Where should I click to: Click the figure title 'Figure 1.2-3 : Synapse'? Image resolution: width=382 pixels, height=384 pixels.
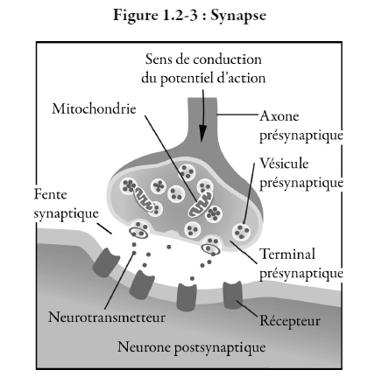190,16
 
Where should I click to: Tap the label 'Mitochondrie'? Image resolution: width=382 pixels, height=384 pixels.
94,108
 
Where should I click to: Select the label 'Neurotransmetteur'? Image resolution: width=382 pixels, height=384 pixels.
107,318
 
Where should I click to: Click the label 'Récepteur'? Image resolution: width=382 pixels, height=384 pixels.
290,321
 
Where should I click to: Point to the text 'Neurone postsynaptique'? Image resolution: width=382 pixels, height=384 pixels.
192,347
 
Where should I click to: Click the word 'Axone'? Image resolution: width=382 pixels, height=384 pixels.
279,116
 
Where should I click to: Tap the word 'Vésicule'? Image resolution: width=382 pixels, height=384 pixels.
284,164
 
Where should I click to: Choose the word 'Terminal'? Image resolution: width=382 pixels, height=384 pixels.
287,254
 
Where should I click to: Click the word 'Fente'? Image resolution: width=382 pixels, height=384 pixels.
51,194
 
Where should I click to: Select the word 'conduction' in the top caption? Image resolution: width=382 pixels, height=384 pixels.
228,59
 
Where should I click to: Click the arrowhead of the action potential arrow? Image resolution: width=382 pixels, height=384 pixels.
202,135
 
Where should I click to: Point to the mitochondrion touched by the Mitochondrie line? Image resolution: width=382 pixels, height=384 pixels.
200,205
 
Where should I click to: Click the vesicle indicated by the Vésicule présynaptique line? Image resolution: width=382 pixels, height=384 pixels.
242,232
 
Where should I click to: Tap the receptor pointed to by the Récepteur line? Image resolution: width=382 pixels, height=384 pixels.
233,295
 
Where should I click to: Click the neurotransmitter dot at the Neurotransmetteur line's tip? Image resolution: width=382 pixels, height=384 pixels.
134,253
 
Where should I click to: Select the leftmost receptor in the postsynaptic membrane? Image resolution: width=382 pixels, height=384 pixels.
106,262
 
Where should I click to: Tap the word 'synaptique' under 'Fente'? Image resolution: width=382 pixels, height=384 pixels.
67,214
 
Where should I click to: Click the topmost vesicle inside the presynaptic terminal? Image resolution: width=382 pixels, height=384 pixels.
187,172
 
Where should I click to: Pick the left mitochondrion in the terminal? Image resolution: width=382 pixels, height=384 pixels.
144,199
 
